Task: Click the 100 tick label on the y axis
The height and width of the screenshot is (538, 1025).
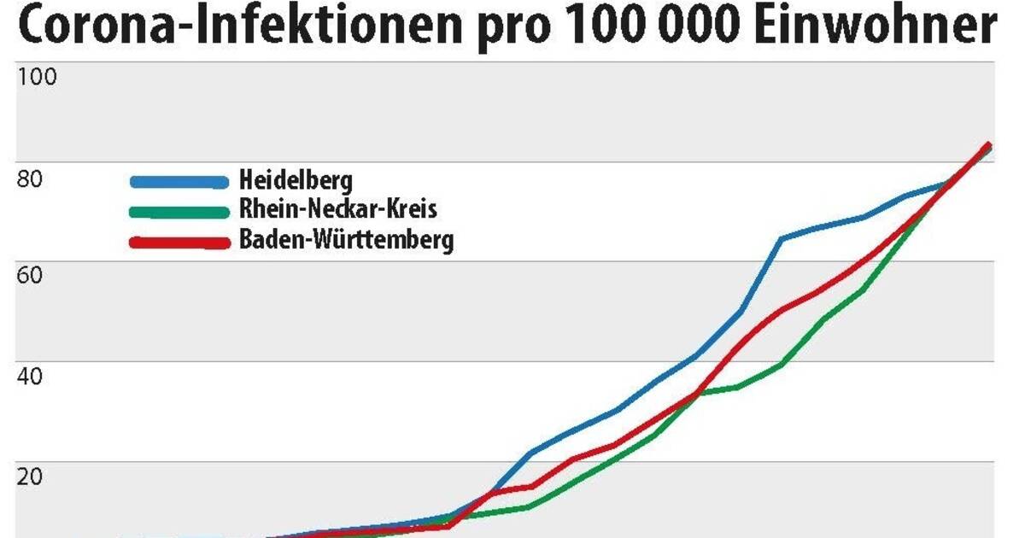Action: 37,77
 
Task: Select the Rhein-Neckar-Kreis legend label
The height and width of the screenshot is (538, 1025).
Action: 338,209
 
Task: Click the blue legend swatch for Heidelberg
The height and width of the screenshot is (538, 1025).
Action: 179,181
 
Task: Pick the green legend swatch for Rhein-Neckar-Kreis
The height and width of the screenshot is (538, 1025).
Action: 179,211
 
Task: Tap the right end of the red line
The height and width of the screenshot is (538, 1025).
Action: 988,145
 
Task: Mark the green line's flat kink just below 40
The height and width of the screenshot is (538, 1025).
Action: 736,387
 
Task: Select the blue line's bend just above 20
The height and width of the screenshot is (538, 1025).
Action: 531,453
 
